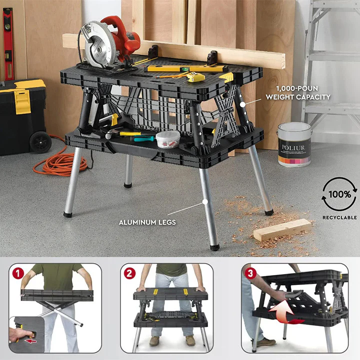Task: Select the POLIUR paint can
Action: [x=294, y=145]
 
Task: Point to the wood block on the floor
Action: [x=282, y=229]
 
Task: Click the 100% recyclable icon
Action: [x=339, y=195]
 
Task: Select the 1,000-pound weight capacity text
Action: [x=298, y=92]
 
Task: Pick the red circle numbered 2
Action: [x=129, y=273]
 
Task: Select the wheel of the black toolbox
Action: [x=40, y=142]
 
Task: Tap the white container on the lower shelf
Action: [x=167, y=139]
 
